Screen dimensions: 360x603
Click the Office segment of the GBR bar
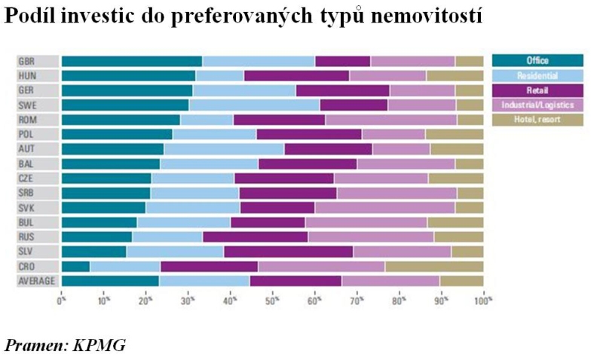pos(131,62)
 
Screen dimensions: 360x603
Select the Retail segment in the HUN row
pos(296,76)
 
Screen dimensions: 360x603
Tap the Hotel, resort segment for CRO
pos(433,267)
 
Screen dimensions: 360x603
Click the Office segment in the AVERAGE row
pos(110,281)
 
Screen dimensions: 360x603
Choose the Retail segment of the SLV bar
pos(288,252)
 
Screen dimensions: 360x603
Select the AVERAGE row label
pos(38,281)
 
